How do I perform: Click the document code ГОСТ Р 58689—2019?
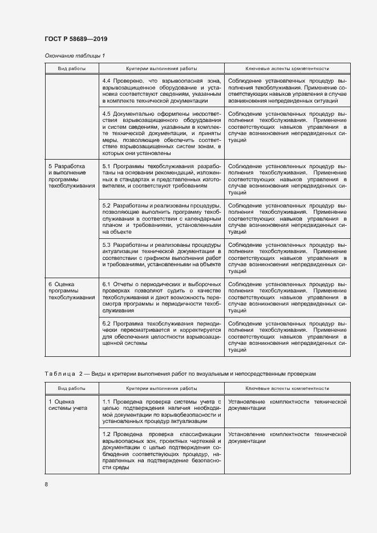coord(75,39)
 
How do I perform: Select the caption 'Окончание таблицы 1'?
coord(75,55)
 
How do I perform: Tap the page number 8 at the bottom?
coord(47,485)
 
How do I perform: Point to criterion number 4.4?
coord(107,81)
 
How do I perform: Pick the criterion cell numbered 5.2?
coord(161,218)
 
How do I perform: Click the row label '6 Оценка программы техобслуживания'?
coord(71,290)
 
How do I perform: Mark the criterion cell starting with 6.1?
coord(161,297)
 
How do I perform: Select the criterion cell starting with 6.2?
coord(161,333)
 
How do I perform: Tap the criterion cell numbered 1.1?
coord(161,412)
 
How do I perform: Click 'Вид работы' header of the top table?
coord(72,68)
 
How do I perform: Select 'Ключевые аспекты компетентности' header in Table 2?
coord(287,388)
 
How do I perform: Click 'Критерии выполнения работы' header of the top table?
coord(161,68)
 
